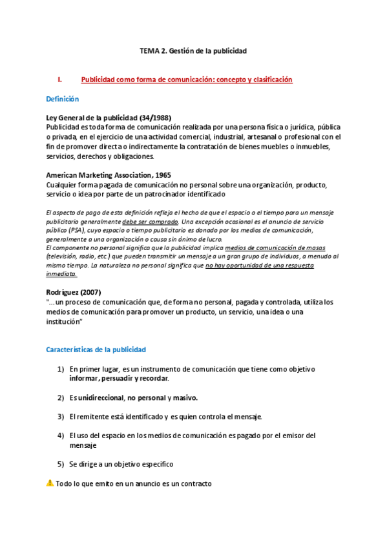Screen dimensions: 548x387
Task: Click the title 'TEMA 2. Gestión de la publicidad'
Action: [193, 50]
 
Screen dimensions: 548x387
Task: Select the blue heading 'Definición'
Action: [62, 99]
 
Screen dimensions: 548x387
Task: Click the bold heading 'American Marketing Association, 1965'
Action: [109, 175]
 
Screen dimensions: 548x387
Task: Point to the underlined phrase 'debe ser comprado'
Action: [150, 221]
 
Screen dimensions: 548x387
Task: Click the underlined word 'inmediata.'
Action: [62, 273]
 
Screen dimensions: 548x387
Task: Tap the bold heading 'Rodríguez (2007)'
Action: [74, 292]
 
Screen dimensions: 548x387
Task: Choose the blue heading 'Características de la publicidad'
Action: [96, 350]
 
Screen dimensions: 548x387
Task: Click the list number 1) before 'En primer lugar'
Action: [60, 369]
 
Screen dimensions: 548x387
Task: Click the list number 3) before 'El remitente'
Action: [60, 417]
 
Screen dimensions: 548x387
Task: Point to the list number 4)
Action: [60, 436]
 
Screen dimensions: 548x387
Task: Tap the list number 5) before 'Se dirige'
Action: [60, 464]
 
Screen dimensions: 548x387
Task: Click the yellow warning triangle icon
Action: [50, 483]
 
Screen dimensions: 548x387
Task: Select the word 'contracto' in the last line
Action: [196, 483]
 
